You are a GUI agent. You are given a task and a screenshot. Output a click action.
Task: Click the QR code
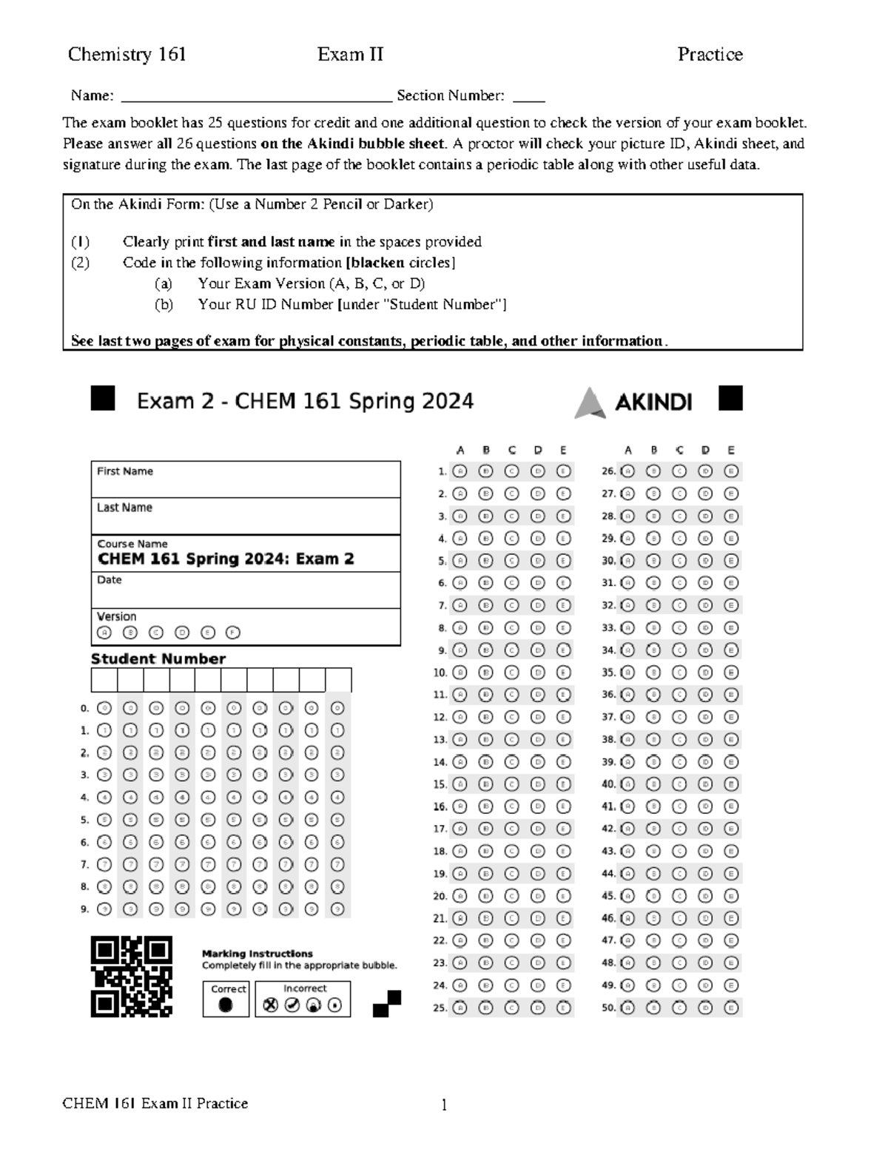tap(132, 976)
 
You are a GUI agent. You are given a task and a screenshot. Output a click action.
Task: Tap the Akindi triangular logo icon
tap(590, 402)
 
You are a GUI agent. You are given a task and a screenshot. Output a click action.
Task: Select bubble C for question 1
tap(511, 471)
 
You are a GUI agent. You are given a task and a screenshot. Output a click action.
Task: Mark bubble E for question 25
tap(563, 1007)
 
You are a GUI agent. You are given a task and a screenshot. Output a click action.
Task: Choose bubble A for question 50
tap(628, 1007)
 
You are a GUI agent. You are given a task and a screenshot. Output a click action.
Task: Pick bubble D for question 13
tap(537, 739)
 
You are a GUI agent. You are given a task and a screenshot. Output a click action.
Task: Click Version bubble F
tap(233, 633)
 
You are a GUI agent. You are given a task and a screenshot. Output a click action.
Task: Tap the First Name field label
tap(125, 471)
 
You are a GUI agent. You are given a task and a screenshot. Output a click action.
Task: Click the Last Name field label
tap(124, 508)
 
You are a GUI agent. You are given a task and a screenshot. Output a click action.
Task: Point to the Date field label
tap(109, 580)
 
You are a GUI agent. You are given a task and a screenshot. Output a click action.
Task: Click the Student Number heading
tap(158, 658)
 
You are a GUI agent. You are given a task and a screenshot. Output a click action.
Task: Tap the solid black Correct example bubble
tap(226, 1005)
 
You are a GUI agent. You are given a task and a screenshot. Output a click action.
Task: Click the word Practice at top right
tap(710, 54)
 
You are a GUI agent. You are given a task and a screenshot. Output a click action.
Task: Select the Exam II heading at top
tap(350, 54)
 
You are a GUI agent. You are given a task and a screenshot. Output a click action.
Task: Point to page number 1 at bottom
tap(444, 1105)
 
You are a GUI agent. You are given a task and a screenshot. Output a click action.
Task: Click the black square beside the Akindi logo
tap(730, 398)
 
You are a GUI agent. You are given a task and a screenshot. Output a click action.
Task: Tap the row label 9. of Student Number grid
tap(85, 909)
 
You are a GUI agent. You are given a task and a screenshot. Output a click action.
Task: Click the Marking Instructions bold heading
tap(257, 954)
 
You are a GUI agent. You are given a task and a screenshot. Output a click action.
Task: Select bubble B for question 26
tap(653, 471)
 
